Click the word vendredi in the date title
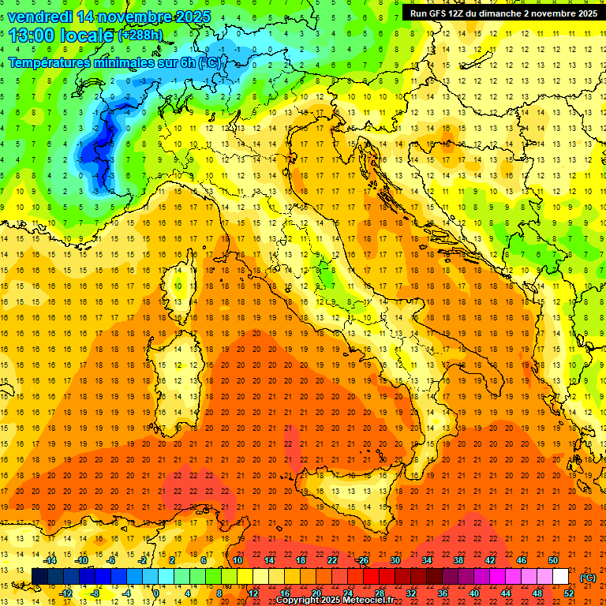point(39,17)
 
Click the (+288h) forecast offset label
point(140,36)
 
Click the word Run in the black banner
point(419,13)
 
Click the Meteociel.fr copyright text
point(335,600)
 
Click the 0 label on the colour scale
point(156,593)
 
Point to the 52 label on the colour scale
point(569,593)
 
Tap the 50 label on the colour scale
point(553,560)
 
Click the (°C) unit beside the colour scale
point(587,578)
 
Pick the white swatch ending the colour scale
point(561,577)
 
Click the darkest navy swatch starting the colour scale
point(39,577)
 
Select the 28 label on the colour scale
point(379,593)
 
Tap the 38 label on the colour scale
point(458,560)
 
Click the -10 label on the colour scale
point(80,560)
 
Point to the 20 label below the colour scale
point(316,593)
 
